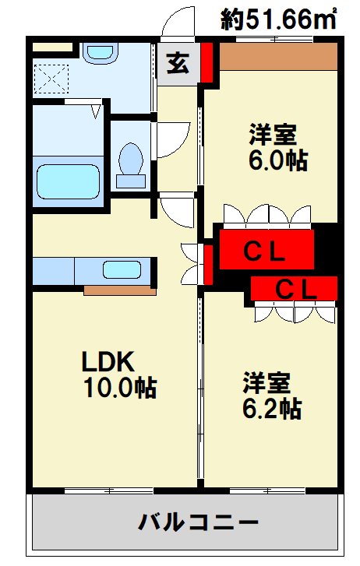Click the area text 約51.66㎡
click(x=277, y=19)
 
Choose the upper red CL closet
click(x=266, y=250)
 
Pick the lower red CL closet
click(x=295, y=289)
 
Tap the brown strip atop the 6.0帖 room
click(x=277, y=55)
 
